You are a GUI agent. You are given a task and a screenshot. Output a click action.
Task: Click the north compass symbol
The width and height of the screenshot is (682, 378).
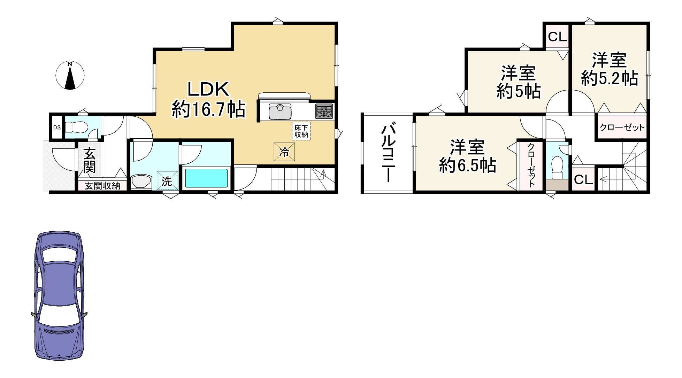pyautogui.click(x=70, y=76)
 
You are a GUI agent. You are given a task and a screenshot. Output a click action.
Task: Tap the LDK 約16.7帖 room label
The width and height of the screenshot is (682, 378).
pyautogui.click(x=208, y=100)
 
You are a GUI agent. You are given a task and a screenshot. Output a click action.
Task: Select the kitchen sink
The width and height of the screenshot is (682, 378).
pyautogui.click(x=280, y=111)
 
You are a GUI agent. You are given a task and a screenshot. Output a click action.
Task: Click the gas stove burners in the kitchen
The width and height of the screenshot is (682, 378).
pyautogui.click(x=324, y=111)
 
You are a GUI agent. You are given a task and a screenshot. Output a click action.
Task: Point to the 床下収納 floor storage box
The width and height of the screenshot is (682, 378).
pyautogui.click(x=301, y=131)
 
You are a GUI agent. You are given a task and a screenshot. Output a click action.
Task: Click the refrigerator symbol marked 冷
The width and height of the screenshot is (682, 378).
pyautogui.click(x=284, y=152)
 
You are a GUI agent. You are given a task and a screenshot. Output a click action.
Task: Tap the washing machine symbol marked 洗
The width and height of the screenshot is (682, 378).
pyautogui.click(x=167, y=181)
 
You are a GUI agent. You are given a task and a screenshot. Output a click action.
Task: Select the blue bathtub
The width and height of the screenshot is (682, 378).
pyautogui.click(x=206, y=178)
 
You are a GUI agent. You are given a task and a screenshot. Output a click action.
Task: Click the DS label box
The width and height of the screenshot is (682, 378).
pyautogui.click(x=56, y=128)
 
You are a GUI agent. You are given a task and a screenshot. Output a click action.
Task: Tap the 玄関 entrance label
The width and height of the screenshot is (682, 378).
pyautogui.click(x=90, y=160)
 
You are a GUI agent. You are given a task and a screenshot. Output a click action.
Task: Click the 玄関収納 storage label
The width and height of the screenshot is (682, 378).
pyautogui.click(x=102, y=186)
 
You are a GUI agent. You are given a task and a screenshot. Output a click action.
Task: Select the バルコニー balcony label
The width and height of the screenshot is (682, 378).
pyautogui.click(x=388, y=153)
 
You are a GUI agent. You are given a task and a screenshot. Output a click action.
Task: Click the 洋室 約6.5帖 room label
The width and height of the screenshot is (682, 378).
pyautogui.click(x=467, y=156)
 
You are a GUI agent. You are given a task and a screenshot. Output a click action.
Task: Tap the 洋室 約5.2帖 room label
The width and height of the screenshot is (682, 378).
pyautogui.click(x=609, y=70)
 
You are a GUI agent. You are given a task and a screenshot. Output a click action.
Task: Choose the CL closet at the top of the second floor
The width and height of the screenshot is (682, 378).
pyautogui.click(x=557, y=37)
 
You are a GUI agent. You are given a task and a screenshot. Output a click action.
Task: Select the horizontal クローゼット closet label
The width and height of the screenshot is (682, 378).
pyautogui.click(x=622, y=128)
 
